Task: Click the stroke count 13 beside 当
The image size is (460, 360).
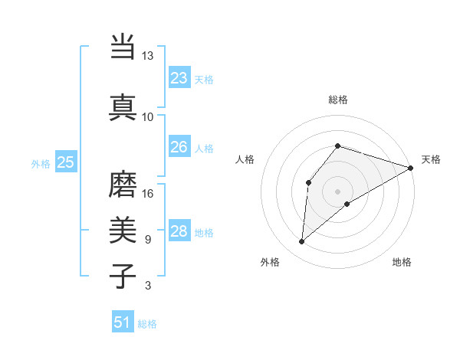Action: click(x=148, y=56)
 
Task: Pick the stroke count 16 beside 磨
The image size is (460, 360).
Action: click(x=148, y=194)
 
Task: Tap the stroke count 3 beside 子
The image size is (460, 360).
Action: click(x=148, y=286)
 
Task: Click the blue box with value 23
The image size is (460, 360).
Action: click(x=179, y=78)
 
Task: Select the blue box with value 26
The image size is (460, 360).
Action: click(x=179, y=147)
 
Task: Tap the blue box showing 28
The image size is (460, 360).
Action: click(x=179, y=231)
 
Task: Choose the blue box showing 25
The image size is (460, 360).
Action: click(x=66, y=162)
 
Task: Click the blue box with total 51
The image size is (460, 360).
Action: click(x=122, y=322)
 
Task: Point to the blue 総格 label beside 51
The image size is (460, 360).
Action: click(x=147, y=324)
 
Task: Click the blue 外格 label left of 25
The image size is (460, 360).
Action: click(x=41, y=163)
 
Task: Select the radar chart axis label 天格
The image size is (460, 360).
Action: click(x=431, y=159)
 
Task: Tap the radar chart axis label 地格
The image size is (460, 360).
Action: click(x=402, y=262)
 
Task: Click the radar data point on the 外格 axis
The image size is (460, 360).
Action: click(x=301, y=242)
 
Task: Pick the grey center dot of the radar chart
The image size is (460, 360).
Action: click(x=337, y=191)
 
